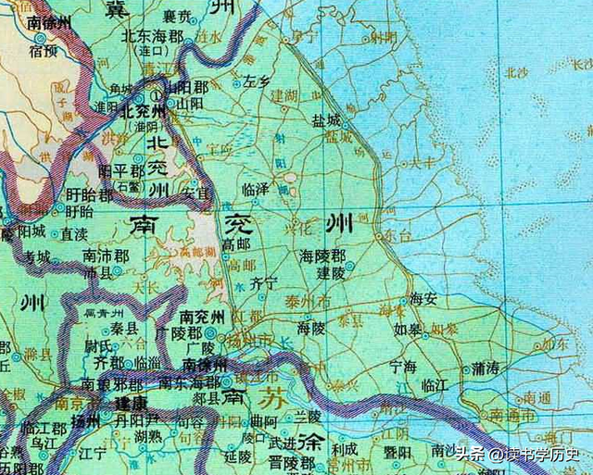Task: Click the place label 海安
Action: pyautogui.click(x=423, y=298)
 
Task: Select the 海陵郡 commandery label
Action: pyautogui.click(x=322, y=255)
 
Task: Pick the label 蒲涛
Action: pyautogui.click(x=486, y=369)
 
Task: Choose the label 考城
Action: pyautogui.click(x=38, y=256)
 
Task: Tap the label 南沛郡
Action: pyautogui.click(x=103, y=255)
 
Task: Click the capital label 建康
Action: pyautogui.click(x=131, y=404)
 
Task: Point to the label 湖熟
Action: pyautogui.click(x=148, y=436)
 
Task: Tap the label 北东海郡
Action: pyautogui.click(x=149, y=34)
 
